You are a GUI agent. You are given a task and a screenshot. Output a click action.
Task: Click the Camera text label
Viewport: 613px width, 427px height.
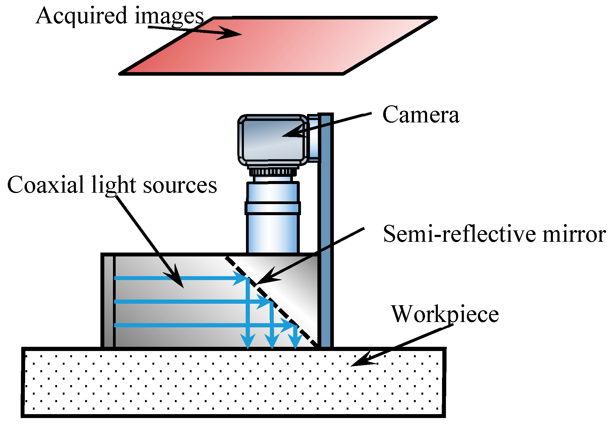[x=421, y=115]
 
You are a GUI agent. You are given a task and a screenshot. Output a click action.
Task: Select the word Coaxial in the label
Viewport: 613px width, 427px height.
[x=45, y=185]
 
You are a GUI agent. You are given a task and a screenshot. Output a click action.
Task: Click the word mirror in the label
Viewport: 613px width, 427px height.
[x=574, y=234]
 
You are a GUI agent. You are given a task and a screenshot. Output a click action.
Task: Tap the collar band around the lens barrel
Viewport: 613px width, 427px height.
[x=273, y=208]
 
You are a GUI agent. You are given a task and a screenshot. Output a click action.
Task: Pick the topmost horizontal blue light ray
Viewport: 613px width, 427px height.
[x=179, y=278]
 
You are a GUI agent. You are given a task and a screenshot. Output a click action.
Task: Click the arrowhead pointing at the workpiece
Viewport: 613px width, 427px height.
[x=360, y=361]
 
